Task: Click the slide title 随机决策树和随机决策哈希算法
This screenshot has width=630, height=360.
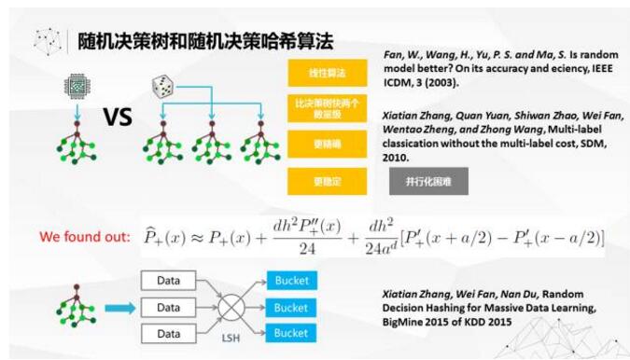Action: (205, 41)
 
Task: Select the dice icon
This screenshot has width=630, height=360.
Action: (162, 88)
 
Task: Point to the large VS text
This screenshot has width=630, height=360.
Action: (117, 118)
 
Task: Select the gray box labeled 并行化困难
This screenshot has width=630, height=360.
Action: (428, 182)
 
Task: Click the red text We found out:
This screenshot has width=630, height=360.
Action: (84, 237)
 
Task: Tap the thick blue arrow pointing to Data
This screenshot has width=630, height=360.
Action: (118, 307)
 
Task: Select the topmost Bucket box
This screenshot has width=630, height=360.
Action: (290, 281)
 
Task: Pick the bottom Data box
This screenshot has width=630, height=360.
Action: (169, 333)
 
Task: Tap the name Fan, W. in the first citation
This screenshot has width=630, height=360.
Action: (401, 56)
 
